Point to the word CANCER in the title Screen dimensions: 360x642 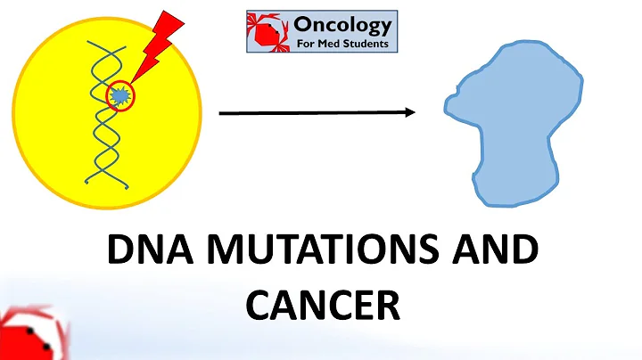coord(321,305)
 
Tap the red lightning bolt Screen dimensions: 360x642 coord(157,45)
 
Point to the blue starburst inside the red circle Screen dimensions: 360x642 coord(119,94)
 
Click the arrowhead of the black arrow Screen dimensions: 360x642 coord(410,113)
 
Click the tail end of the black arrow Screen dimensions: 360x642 coord(221,113)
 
